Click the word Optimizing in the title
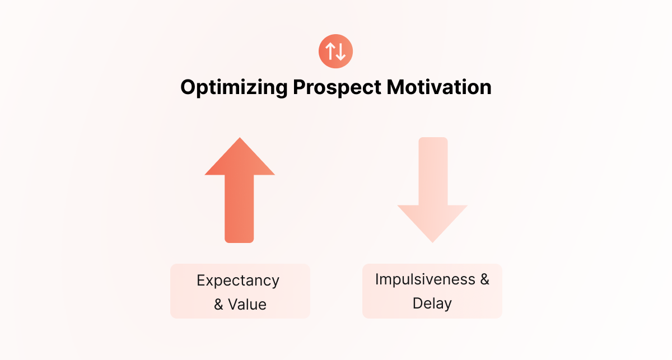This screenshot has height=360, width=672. pyautogui.click(x=234, y=87)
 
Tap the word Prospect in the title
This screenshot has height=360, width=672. pyautogui.click(x=337, y=87)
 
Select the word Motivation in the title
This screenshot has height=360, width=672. pyautogui.click(x=439, y=87)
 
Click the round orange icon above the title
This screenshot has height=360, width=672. pyautogui.click(x=335, y=52)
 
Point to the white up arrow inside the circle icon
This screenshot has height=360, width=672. pyautogui.click(x=330, y=52)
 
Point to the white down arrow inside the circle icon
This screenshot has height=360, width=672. pyautogui.click(x=341, y=52)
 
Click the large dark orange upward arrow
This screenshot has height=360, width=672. pyautogui.click(x=240, y=190)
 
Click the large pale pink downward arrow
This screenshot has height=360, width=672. pyautogui.click(x=432, y=190)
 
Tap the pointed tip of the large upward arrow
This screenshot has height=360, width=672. pyautogui.click(x=240, y=138)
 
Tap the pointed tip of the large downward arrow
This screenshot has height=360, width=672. pyautogui.click(x=432, y=242)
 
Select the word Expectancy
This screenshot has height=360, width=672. pyautogui.click(x=238, y=281)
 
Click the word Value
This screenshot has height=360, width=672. pyautogui.click(x=247, y=305)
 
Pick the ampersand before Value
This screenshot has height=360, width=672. pyautogui.click(x=218, y=305)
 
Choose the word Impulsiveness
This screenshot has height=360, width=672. pyautogui.click(x=425, y=279)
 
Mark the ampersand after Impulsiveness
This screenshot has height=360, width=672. pyautogui.click(x=485, y=279)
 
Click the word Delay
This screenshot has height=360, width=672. pyautogui.click(x=432, y=303)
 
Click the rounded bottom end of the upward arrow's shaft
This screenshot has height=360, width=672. pyautogui.click(x=240, y=240)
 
